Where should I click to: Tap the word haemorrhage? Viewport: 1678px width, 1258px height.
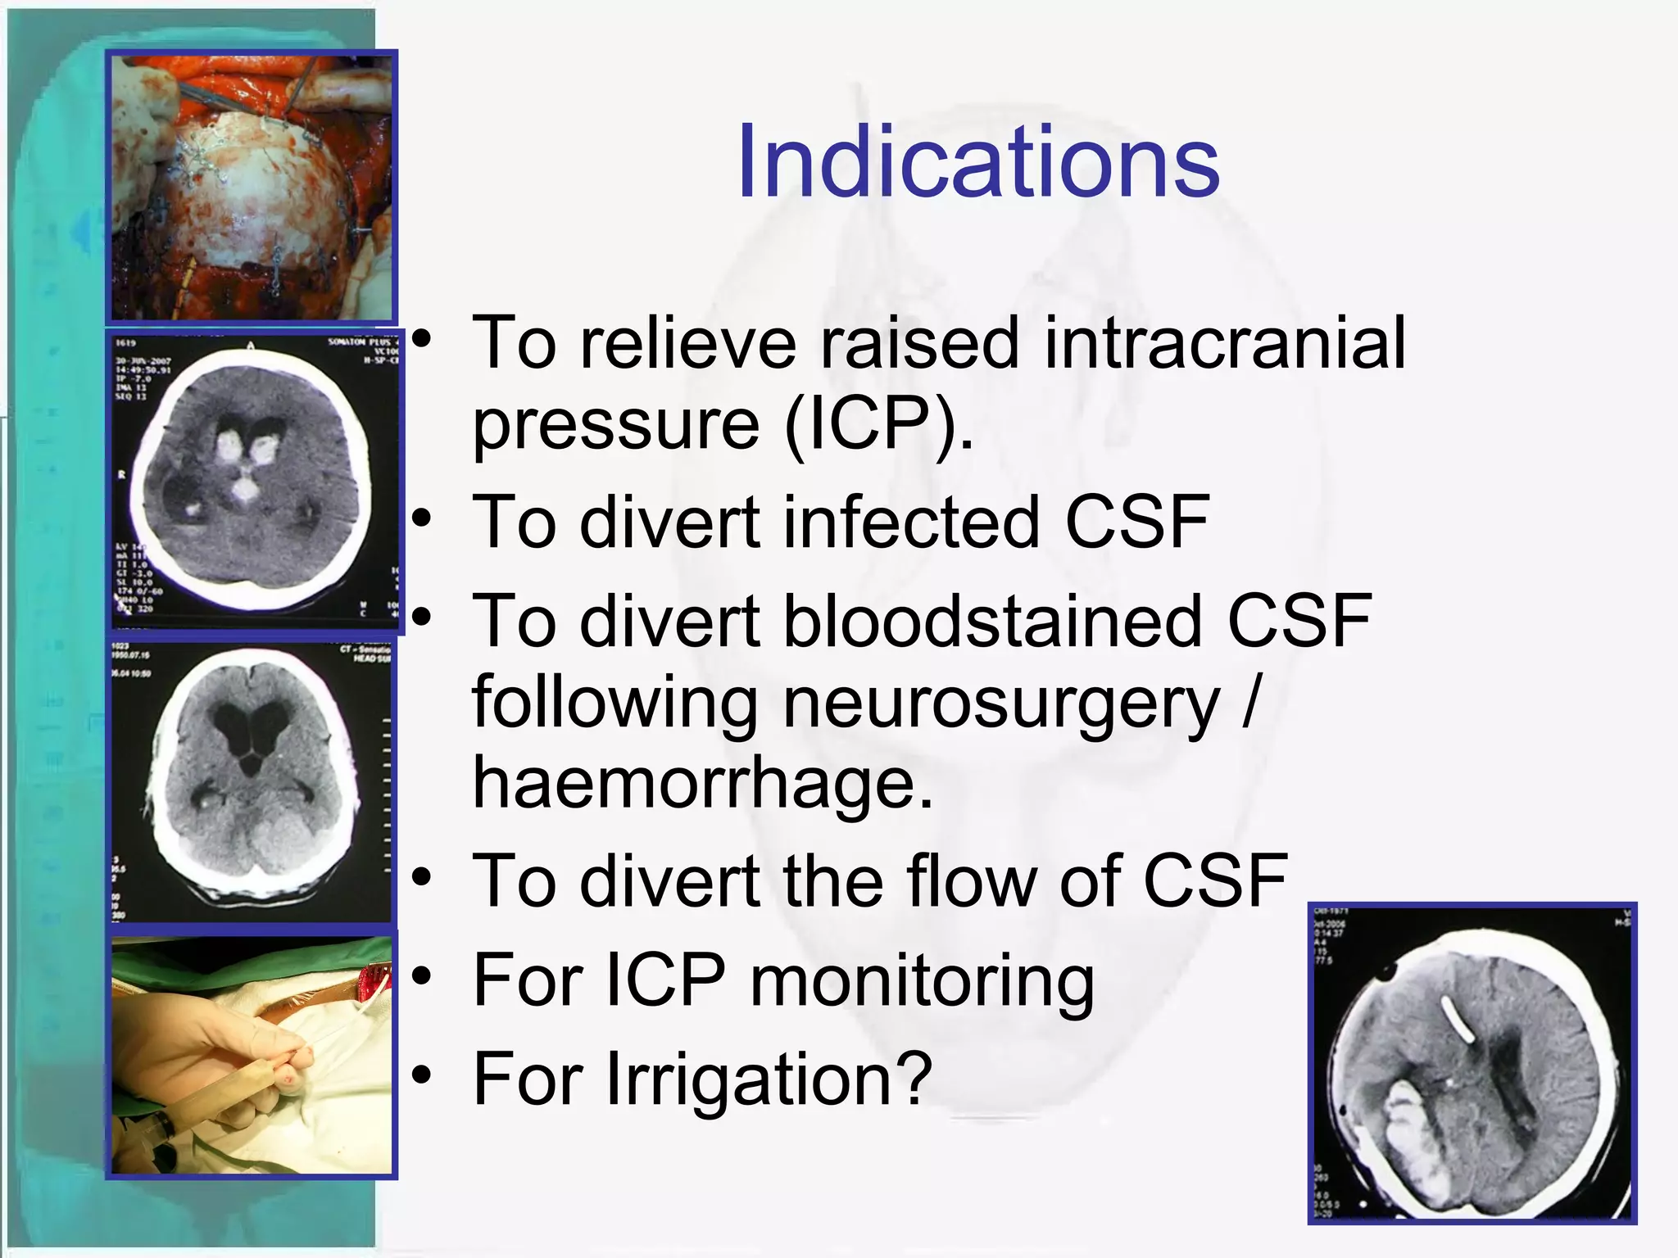(x=702, y=782)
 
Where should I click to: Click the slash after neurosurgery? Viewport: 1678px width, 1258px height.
(x=1249, y=703)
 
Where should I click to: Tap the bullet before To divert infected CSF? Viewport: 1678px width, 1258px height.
(x=422, y=518)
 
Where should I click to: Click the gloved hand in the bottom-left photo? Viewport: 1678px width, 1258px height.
(x=221, y=1057)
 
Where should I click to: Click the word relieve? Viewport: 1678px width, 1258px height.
(x=687, y=344)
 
